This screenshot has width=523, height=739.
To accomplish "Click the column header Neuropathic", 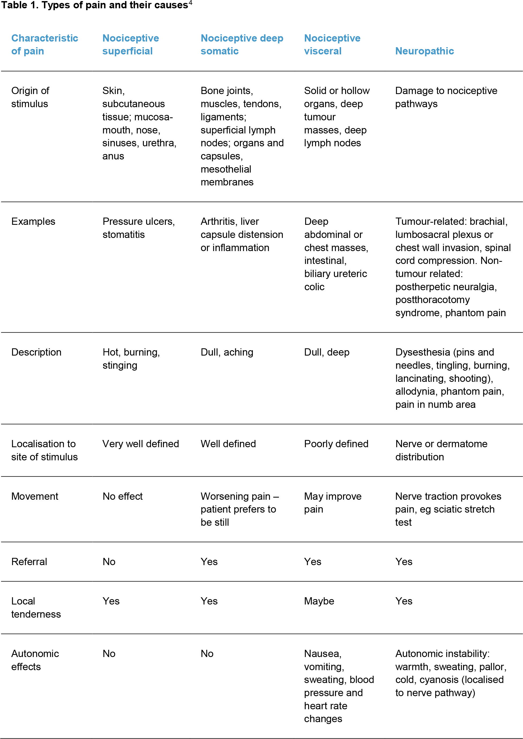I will (424, 51).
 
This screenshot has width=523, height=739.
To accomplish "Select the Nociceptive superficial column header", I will (130, 44).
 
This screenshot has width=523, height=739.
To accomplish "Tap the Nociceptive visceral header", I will (332, 44).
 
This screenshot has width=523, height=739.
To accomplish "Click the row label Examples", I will (33, 222).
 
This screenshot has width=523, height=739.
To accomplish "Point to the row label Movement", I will (35, 496).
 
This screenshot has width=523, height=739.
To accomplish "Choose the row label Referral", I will (29, 562).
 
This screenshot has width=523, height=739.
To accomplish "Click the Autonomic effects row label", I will (35, 660).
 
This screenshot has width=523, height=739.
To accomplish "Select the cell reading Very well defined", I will (140, 444).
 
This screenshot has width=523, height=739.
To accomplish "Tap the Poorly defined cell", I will (336, 444).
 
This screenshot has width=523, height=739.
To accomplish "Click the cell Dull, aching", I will (227, 352).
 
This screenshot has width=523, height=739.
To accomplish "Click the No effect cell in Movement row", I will (122, 496).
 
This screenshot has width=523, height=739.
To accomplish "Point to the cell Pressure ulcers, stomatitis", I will (139, 228).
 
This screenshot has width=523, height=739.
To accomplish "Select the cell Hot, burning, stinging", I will (131, 359).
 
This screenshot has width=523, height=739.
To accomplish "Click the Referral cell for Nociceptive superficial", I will (109, 562).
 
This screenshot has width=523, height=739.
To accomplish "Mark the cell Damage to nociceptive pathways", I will (446, 97).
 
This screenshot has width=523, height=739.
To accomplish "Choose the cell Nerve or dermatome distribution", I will (441, 450).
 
